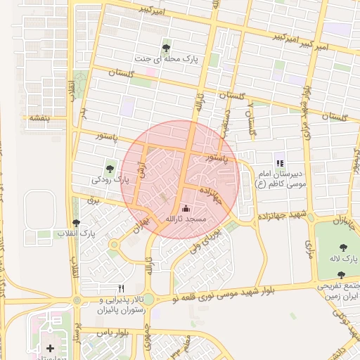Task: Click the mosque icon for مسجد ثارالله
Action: click(186, 208)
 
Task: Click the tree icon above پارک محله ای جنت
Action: click(166, 48)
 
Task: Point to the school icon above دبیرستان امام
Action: click(280, 163)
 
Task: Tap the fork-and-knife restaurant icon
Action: click(121, 288)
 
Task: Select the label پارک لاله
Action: click(342, 259)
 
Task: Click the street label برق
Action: click(94, 201)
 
